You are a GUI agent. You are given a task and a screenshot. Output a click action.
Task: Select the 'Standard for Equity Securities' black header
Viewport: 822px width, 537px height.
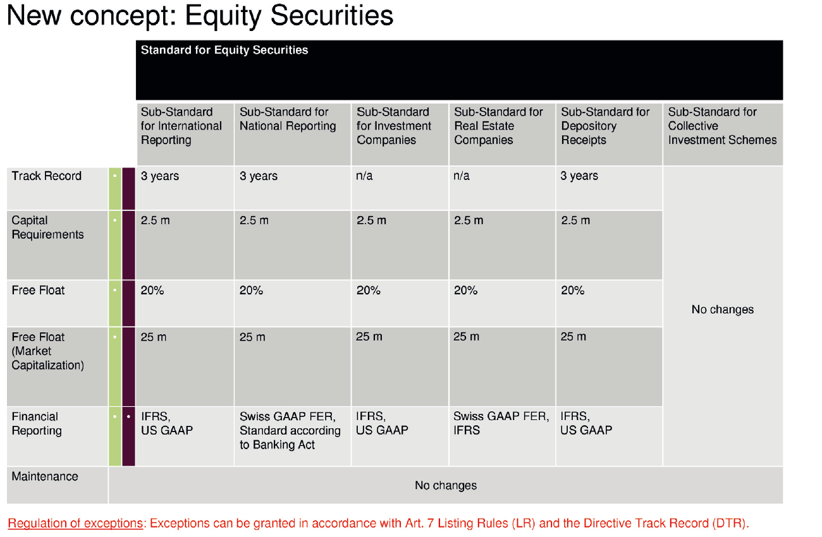pyautogui.click(x=224, y=51)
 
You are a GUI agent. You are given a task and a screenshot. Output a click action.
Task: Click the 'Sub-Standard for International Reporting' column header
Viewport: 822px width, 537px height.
pyautogui.click(x=181, y=126)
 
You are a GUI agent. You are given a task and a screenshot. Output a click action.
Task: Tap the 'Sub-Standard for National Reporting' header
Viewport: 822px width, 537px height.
pyautogui.click(x=288, y=119)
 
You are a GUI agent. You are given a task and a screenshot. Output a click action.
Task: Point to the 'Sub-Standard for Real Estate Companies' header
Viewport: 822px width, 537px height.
pyautogui.click(x=498, y=126)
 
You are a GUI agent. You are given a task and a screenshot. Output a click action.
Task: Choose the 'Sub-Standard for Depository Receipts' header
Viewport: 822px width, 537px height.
pyautogui.click(x=605, y=126)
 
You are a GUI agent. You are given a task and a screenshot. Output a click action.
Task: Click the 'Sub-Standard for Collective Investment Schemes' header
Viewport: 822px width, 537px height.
pyautogui.click(x=722, y=126)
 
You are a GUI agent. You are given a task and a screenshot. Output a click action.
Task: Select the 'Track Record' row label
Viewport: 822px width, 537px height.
pyautogui.click(x=46, y=176)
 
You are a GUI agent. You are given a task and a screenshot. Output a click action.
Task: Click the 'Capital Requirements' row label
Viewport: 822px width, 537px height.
pyautogui.click(x=47, y=227)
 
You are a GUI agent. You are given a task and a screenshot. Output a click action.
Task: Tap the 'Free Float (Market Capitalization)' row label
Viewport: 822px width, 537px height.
pyautogui.click(x=47, y=351)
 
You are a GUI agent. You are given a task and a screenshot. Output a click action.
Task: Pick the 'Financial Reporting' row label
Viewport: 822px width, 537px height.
pyautogui.click(x=37, y=424)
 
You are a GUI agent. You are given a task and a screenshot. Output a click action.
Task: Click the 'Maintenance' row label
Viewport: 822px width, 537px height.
pyautogui.click(x=45, y=477)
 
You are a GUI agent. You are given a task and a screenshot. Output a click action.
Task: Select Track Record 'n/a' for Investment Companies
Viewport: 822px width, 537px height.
pyautogui.click(x=365, y=176)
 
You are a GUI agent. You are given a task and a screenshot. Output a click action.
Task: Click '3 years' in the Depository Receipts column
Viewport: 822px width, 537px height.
pyautogui.click(x=579, y=176)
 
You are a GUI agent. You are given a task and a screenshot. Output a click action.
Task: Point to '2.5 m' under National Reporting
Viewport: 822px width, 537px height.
pyautogui.click(x=254, y=220)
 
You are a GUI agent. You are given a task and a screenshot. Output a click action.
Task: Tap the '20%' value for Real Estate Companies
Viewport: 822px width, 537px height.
pyautogui.click(x=466, y=291)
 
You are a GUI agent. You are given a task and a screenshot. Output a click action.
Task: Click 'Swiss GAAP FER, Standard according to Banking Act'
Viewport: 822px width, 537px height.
pyautogui.click(x=290, y=431)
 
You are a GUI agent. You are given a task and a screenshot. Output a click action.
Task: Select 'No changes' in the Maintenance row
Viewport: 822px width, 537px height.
pyautogui.click(x=446, y=486)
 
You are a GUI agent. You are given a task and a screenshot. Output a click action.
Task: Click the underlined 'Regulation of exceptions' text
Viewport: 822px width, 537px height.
pyautogui.click(x=75, y=524)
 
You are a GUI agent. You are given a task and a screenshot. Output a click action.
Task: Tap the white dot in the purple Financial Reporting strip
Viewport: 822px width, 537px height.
pyautogui.click(x=128, y=417)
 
